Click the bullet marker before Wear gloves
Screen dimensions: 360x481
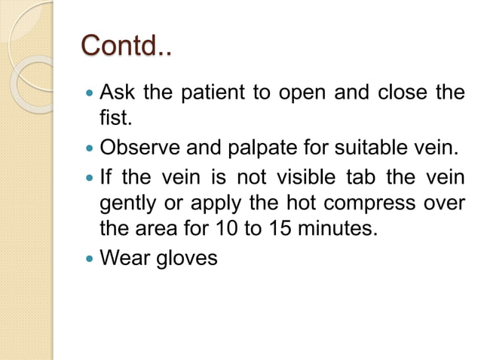coord(90,259)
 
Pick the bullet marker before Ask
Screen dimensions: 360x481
coord(90,95)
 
